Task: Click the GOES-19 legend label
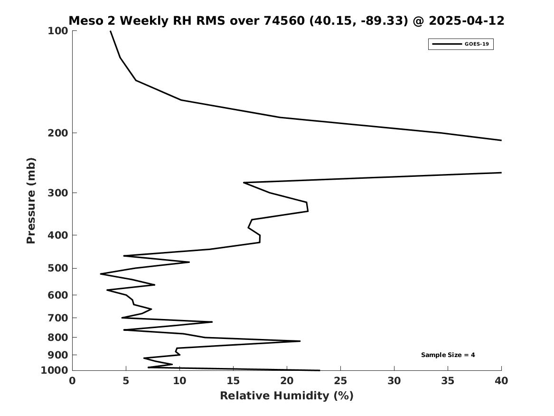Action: (x=477, y=44)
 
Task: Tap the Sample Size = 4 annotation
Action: (x=448, y=355)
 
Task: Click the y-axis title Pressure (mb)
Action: (x=31, y=201)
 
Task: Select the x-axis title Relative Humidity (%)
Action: (x=287, y=396)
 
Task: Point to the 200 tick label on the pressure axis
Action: (x=57, y=133)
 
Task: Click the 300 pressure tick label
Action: (x=57, y=193)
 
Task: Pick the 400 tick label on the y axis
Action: (x=57, y=235)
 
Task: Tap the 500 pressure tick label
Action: (x=57, y=268)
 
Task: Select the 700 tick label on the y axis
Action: (x=57, y=318)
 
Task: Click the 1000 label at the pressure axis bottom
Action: (x=54, y=370)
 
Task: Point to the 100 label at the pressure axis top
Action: (x=57, y=31)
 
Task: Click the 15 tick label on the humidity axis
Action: (x=233, y=381)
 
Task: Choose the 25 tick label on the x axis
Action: (x=340, y=381)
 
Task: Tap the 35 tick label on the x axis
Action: (x=448, y=381)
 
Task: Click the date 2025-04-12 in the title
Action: (x=466, y=20)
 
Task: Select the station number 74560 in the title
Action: (x=284, y=20)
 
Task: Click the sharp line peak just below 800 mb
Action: (x=300, y=341)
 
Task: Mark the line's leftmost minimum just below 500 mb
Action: (x=101, y=274)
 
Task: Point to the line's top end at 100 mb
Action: (x=111, y=31)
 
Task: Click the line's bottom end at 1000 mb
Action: (x=319, y=370)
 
